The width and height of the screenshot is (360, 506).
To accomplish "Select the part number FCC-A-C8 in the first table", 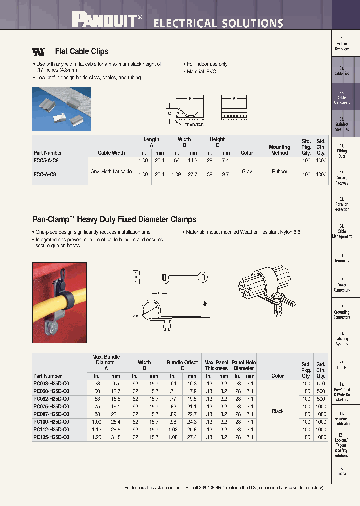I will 45,175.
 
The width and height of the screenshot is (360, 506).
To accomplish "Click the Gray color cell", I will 247,171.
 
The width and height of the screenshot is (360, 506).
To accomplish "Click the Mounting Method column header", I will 279,150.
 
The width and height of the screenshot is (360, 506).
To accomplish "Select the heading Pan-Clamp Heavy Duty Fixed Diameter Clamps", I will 114,219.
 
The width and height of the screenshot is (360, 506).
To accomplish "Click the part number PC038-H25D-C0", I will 51,384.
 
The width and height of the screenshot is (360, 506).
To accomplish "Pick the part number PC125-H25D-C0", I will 51,437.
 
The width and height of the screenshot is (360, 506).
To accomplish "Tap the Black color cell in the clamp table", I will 278,411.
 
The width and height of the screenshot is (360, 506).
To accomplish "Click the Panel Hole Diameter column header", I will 244,365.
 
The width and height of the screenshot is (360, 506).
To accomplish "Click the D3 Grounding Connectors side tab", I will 342,312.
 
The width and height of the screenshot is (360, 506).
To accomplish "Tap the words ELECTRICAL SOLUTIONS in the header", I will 218,23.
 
